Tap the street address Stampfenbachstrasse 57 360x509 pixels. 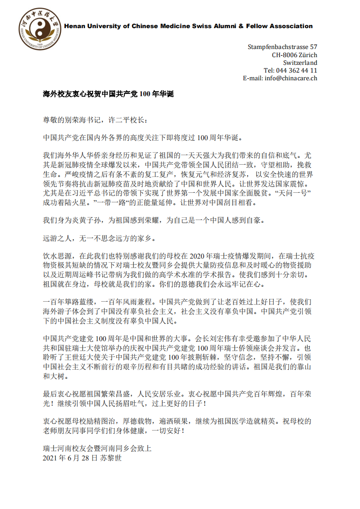(282, 47)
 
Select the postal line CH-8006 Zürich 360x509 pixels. (294, 55)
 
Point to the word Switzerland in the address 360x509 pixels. (300, 63)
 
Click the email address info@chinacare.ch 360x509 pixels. (291, 78)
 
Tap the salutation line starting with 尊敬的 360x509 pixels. (95, 120)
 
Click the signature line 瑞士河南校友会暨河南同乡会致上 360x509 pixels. (96, 448)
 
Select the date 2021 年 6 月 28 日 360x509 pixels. (70, 458)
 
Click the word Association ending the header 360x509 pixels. (291, 26)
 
